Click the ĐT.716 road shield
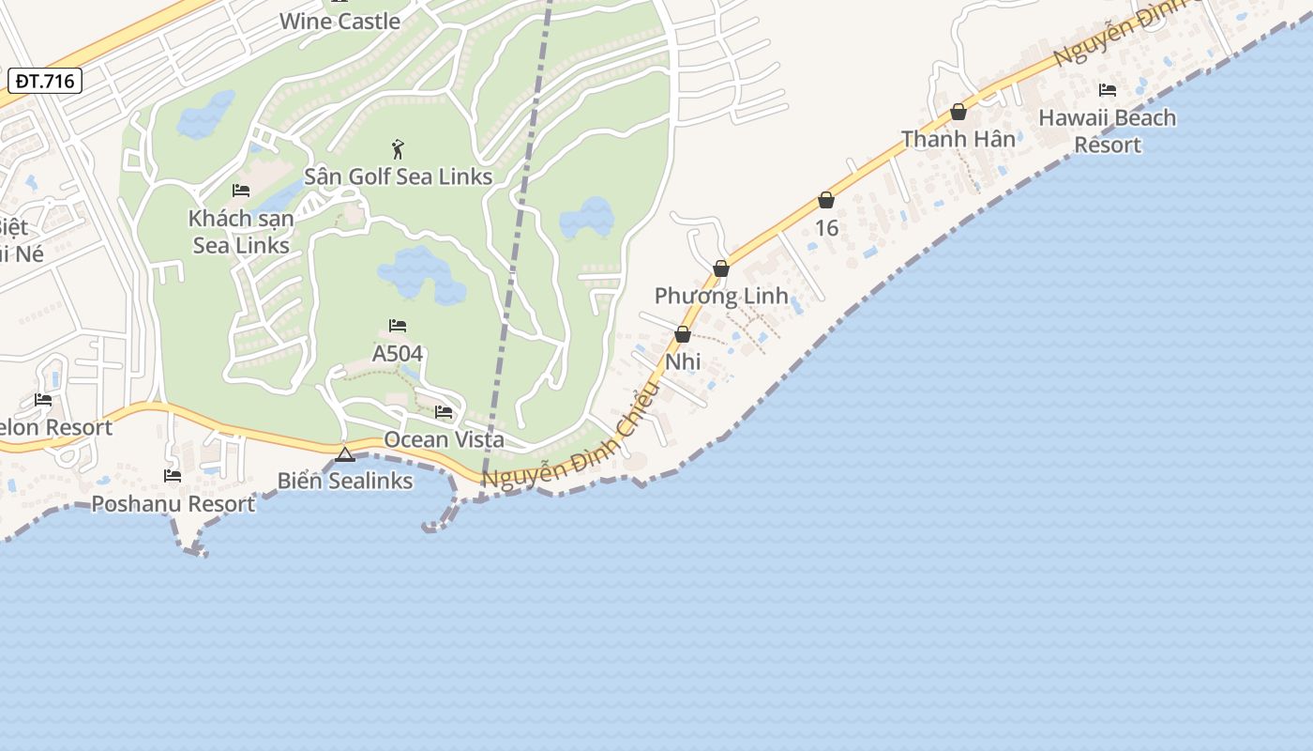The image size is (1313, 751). pos(45,81)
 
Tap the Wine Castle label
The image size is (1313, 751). pos(340,21)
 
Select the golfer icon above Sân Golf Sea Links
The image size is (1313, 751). pos(398,149)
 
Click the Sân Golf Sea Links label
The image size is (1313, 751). pos(398,176)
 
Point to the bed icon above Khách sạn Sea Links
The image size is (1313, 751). pos(241,191)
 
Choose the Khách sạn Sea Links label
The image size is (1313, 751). pos(241,232)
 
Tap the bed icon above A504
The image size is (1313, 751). pos(398,326)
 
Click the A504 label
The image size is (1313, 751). pos(398,354)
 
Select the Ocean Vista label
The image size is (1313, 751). pos(444,439)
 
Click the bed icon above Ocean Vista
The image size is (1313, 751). pos(444,412)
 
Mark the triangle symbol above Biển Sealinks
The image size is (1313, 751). pos(345,454)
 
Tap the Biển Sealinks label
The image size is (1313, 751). pos(345,481)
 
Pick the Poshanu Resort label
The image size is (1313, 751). pos(173,504)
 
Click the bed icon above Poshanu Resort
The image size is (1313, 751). pos(173,476)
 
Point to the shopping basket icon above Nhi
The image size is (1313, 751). pos(683,334)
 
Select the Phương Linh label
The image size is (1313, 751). pos(721,296)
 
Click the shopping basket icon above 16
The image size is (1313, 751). pos(826,200)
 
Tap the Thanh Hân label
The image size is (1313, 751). pos(958,139)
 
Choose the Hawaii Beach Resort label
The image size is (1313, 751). pos(1108,131)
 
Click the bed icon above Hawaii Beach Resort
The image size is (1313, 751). pos(1108,90)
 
